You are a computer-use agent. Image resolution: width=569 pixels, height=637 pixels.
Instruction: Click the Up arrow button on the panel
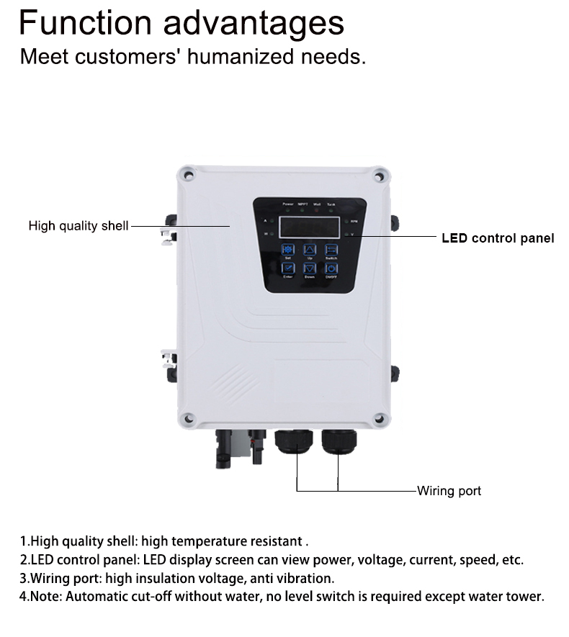click(x=309, y=248)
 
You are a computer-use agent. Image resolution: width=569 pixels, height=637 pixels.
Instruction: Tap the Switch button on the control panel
click(x=331, y=248)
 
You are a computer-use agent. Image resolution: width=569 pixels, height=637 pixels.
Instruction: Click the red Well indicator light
click(x=316, y=210)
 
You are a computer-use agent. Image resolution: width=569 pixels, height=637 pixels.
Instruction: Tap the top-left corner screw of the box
click(x=187, y=174)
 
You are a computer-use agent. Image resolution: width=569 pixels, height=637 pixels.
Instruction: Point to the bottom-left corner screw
click(x=187, y=418)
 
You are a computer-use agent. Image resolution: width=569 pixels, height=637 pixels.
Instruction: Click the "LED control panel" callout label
click(x=498, y=238)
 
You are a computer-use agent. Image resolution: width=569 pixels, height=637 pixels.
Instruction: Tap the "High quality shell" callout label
click(x=79, y=226)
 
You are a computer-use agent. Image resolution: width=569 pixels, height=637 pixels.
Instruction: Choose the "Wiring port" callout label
click(x=449, y=491)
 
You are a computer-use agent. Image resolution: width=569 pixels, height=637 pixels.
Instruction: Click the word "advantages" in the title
click(x=254, y=23)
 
